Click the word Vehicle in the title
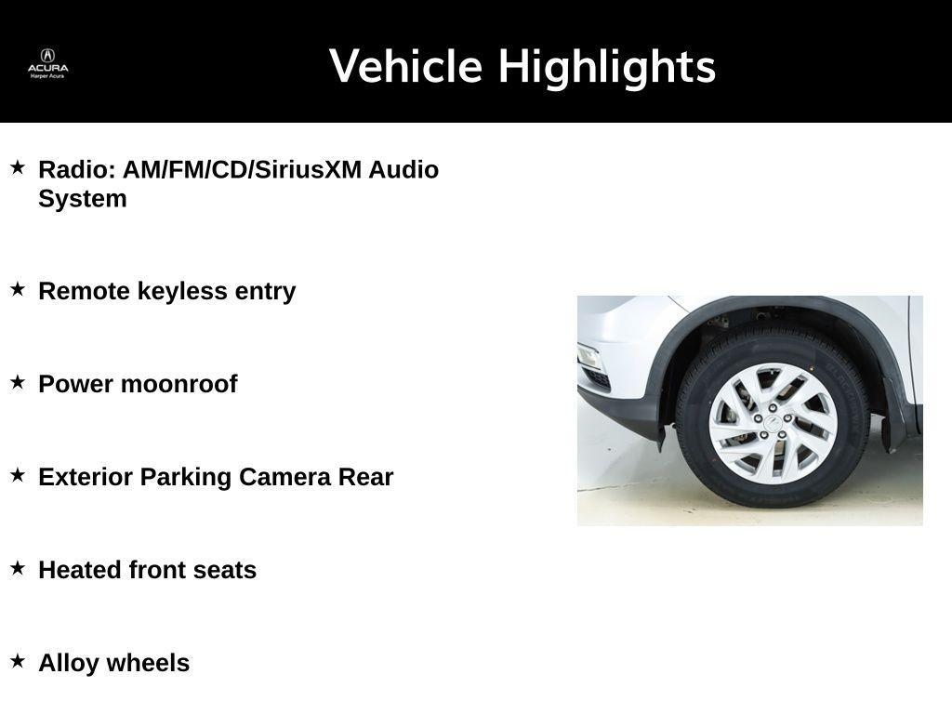(x=406, y=67)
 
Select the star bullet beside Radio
(x=18, y=168)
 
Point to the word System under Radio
(x=82, y=199)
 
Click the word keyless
(x=182, y=291)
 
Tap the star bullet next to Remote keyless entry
(x=18, y=289)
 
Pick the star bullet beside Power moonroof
(x=18, y=382)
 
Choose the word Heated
(x=80, y=570)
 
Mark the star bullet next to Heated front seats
(x=18, y=568)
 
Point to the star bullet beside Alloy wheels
(x=18, y=661)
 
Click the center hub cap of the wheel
(x=773, y=423)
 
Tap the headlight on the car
(x=589, y=357)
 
